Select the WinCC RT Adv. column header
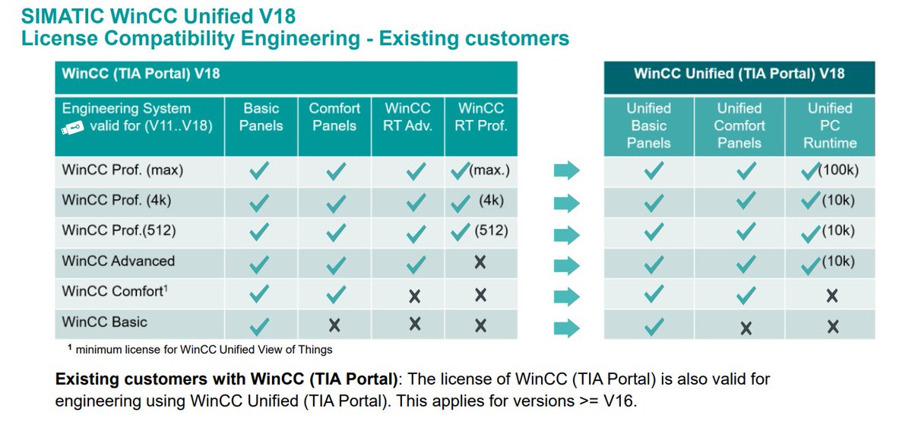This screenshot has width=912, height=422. coord(408,117)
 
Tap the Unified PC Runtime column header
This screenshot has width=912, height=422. coord(830,125)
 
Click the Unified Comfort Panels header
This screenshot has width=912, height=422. coord(739,125)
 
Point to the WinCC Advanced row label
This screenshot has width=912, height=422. coord(119,261)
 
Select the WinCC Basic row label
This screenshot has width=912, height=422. coord(105,322)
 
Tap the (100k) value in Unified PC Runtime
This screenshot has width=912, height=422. coord(838,170)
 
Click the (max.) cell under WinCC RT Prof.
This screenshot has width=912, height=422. coord(489,170)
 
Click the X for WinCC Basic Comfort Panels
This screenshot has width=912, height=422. coord(334,325)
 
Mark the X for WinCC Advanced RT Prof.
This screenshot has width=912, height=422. coord(480,262)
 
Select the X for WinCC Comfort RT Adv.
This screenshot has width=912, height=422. coord(414,294)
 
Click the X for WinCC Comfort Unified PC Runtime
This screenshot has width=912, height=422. coord(833,295)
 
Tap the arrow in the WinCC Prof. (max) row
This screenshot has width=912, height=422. coord(566,172)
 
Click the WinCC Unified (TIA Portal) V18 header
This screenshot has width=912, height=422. coord(739,74)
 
